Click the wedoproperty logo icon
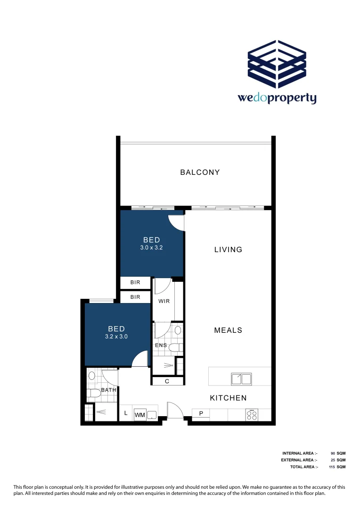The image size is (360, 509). pyautogui.click(x=278, y=64)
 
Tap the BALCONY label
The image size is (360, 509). pyautogui.click(x=200, y=172)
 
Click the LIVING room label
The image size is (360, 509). pyautogui.click(x=228, y=250)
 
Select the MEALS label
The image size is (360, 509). pyautogui.click(x=228, y=330)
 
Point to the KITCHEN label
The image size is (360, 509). pyautogui.click(x=228, y=398)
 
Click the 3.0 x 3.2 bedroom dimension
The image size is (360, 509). pyautogui.click(x=151, y=247)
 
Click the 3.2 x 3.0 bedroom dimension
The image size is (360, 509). pyautogui.click(x=116, y=337)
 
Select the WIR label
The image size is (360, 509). pyautogui.click(x=164, y=301)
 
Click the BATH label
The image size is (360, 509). pyautogui.click(x=108, y=390)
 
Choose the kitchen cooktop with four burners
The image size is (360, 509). pyautogui.click(x=252, y=414)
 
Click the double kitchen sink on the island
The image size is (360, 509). pyautogui.click(x=241, y=378)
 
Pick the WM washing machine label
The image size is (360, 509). pyautogui.click(x=139, y=415)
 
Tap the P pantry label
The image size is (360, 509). pyautogui.click(x=201, y=414)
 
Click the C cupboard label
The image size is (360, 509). pyautogui.click(x=167, y=382)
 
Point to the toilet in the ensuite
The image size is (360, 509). pyautogui.click(x=175, y=348)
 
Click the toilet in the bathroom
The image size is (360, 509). pyautogui.click(x=92, y=393)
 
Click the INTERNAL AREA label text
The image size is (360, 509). pyautogui.click(x=300, y=453)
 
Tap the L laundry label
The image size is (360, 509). pyautogui.click(x=125, y=413)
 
